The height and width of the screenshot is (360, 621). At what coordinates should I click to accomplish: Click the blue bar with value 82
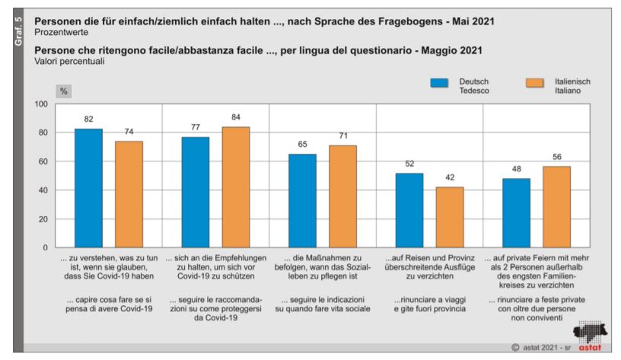(88, 188)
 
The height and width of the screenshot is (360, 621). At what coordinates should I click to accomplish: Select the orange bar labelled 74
(129, 194)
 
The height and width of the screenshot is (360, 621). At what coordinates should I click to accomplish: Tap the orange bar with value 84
(236, 186)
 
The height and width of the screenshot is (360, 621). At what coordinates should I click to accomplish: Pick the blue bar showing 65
(303, 200)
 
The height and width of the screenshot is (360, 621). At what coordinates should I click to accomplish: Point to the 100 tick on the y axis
(42, 104)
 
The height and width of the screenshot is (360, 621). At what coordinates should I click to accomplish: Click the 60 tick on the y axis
(44, 161)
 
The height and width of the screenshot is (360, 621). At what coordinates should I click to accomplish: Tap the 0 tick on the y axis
(46, 248)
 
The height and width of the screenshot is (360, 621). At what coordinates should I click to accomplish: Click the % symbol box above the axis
(64, 91)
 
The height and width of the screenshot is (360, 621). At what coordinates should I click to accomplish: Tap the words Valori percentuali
(67, 61)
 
